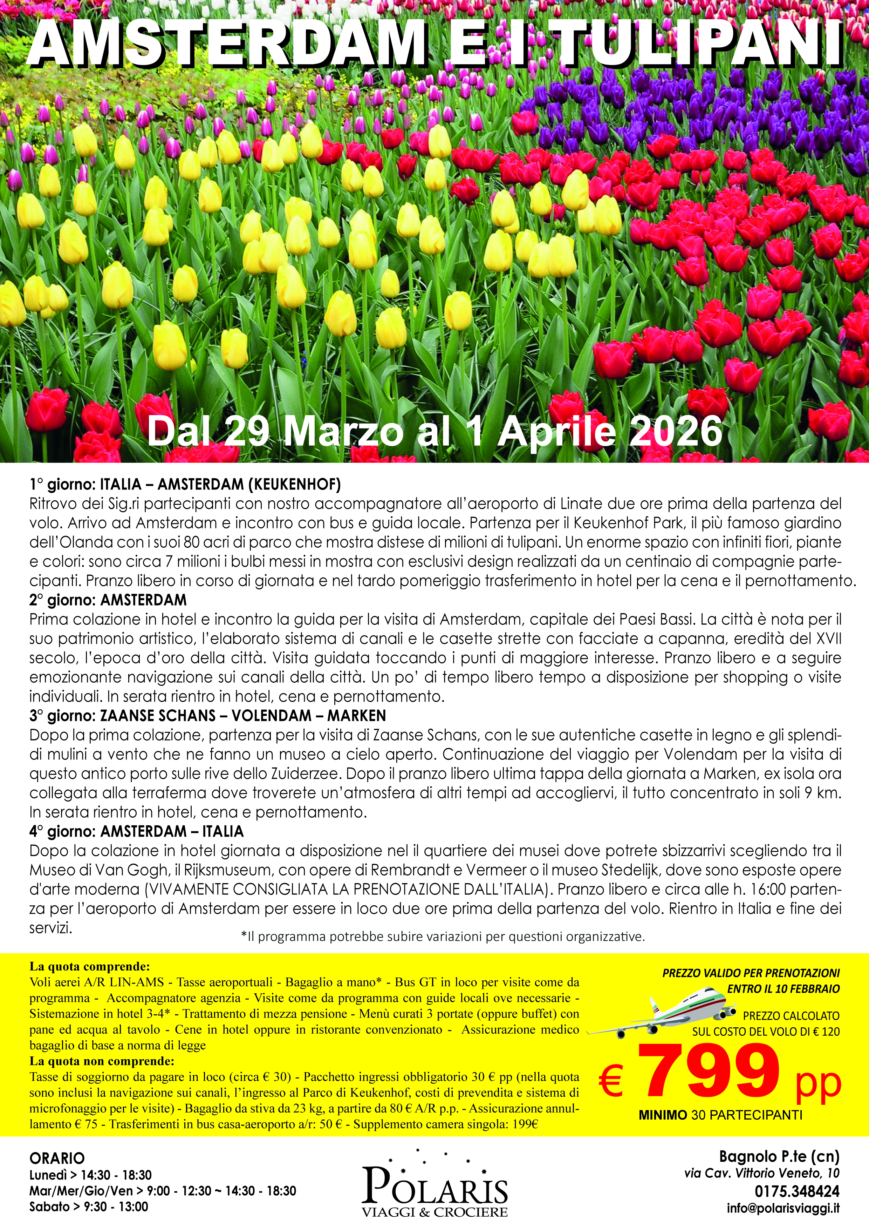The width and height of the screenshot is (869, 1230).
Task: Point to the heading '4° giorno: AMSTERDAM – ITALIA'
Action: pyautogui.click(x=137, y=831)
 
